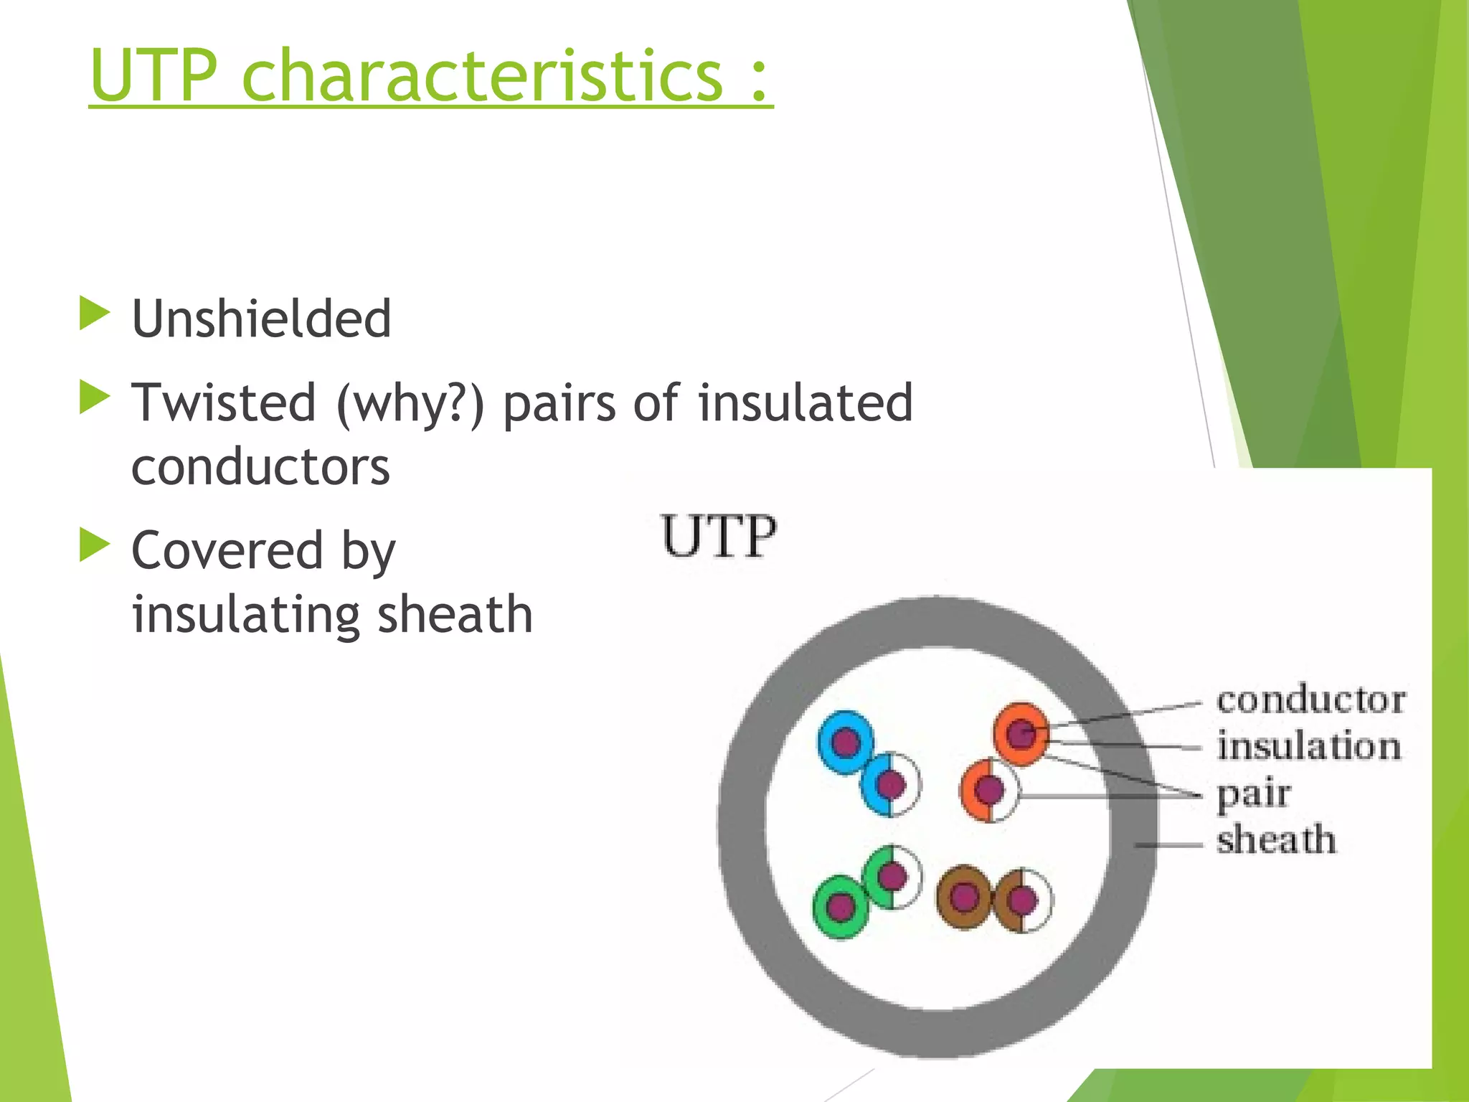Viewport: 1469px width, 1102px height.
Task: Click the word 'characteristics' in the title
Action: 482,75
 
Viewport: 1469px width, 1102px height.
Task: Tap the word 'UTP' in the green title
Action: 153,75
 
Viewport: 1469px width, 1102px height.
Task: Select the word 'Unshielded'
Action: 261,319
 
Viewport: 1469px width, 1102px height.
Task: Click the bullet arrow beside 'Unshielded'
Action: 94,314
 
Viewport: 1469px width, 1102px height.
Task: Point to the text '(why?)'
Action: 410,403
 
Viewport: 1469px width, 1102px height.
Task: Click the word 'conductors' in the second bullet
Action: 260,467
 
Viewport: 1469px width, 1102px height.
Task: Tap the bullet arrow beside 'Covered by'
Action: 94,545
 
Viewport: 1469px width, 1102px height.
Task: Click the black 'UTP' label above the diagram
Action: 719,537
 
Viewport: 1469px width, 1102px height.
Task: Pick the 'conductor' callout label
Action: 1310,700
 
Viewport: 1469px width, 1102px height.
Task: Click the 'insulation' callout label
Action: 1308,746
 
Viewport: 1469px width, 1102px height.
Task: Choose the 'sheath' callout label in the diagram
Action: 1276,840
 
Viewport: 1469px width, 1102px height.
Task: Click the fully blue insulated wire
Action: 846,743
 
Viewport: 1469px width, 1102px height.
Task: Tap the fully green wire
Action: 841,907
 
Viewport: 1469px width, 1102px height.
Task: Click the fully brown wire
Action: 964,897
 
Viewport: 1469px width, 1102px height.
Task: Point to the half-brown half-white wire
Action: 1023,900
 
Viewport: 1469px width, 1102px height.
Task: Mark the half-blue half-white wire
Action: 891,785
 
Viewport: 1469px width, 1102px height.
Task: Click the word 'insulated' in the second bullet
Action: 805,403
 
